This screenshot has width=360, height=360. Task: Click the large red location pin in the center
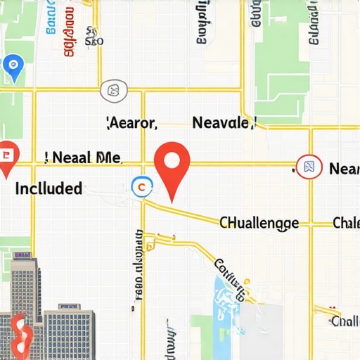(x=172, y=163)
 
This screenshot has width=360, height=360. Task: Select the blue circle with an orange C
(x=141, y=186)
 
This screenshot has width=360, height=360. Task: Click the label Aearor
(x=131, y=123)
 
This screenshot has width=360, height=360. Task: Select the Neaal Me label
(x=78, y=157)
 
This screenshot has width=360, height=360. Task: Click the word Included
(x=48, y=188)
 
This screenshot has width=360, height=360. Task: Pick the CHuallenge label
(x=259, y=224)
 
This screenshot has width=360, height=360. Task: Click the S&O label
(x=94, y=40)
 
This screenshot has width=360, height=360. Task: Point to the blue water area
(x=229, y=299)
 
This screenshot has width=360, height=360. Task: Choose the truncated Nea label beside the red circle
(x=344, y=169)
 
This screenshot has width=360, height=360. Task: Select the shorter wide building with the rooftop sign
(x=69, y=330)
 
